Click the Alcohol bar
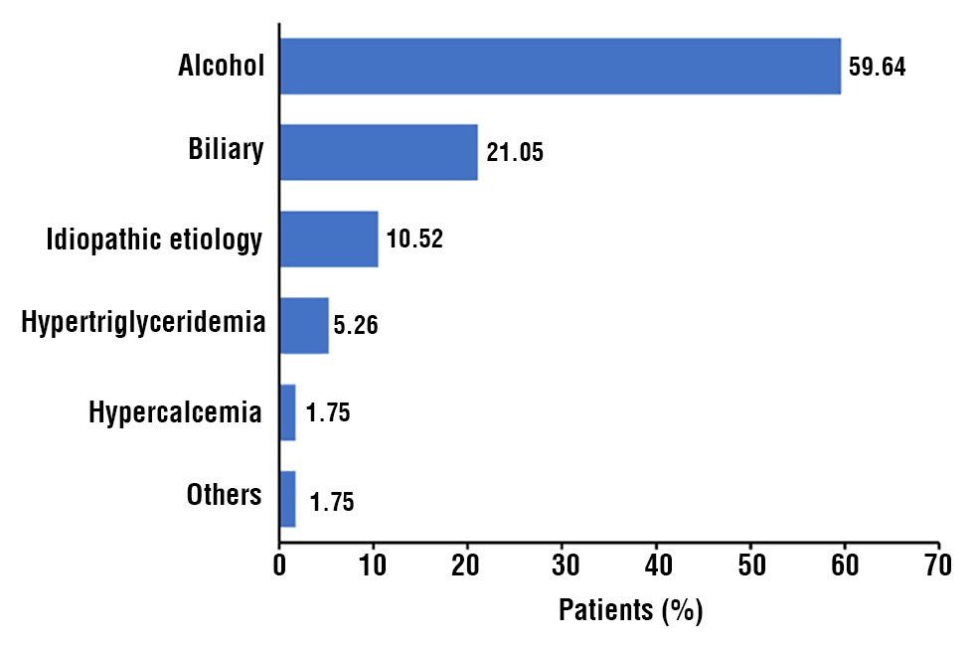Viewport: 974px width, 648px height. point(560,67)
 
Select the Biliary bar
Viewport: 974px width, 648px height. point(379,152)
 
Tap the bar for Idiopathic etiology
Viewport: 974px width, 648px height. point(329,239)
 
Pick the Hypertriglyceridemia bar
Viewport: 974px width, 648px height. point(304,325)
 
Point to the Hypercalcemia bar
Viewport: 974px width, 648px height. point(288,411)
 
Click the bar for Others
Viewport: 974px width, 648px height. point(288,498)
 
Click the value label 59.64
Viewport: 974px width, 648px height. point(878,69)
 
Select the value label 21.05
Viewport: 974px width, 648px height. point(515,154)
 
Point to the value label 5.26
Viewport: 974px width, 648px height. point(356,326)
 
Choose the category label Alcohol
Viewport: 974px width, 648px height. point(221,67)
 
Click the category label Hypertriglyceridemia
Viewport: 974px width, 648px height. point(142,323)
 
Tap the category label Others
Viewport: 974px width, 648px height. point(224,495)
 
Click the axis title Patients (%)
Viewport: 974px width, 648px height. point(630,610)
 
